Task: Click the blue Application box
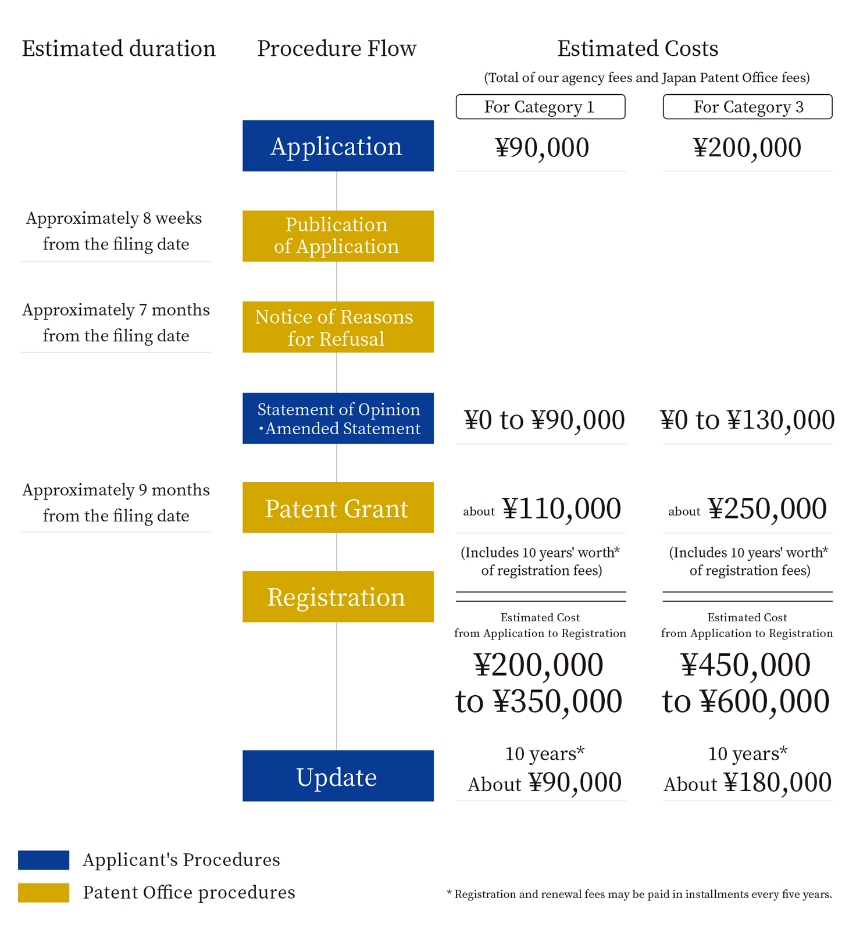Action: click(x=338, y=146)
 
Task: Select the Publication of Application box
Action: click(x=338, y=236)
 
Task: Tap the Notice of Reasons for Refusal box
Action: click(x=338, y=327)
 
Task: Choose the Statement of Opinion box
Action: click(x=338, y=419)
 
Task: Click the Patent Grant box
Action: click(x=338, y=507)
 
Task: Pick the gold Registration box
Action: click(x=338, y=597)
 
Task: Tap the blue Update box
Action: click(x=338, y=776)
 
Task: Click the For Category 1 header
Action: click(x=540, y=107)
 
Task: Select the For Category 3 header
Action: click(x=747, y=107)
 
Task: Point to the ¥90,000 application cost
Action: click(x=542, y=148)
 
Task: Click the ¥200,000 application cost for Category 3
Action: click(x=747, y=148)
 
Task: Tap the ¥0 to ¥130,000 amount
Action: click(x=747, y=420)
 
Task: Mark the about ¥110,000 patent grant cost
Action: click(x=542, y=509)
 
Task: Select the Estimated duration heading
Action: click(x=119, y=49)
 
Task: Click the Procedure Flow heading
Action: click(x=337, y=49)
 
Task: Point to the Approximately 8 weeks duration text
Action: click(x=115, y=231)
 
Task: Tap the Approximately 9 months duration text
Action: click(x=116, y=503)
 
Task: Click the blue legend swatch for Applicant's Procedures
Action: click(x=44, y=860)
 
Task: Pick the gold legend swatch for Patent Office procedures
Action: click(x=44, y=892)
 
